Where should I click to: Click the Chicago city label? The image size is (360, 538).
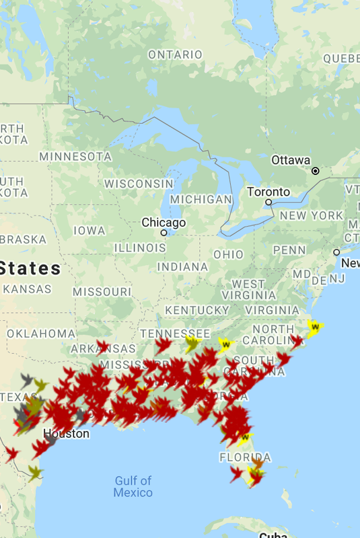click(164, 223)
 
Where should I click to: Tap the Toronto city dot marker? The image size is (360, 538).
click(268, 202)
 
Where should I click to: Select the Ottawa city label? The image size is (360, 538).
click(291, 161)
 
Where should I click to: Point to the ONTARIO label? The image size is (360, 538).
click(175, 54)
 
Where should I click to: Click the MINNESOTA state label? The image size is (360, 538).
click(75, 157)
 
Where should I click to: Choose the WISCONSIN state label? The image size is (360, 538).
click(139, 184)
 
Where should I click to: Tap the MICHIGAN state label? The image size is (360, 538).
click(201, 200)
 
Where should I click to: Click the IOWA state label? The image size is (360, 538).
click(89, 231)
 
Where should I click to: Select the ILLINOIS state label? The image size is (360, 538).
click(140, 248)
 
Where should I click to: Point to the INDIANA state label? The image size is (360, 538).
click(182, 267)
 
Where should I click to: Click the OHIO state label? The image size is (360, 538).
click(228, 255)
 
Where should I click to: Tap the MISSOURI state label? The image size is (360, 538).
click(102, 292)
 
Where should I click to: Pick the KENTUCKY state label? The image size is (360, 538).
click(197, 310)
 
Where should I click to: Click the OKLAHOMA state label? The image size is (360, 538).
click(41, 334)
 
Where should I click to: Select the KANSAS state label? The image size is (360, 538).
click(27, 289)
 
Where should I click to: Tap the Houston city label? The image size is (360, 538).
click(66, 434)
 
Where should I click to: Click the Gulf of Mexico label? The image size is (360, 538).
click(133, 486)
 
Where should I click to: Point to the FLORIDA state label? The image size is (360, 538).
click(245, 458)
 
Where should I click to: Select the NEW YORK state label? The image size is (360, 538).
click(312, 216)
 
